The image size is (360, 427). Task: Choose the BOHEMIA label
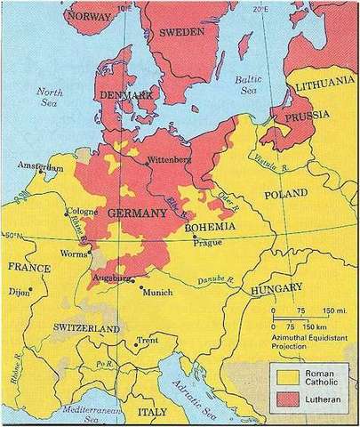(x=210, y=227)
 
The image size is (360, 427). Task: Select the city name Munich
(x=161, y=291)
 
